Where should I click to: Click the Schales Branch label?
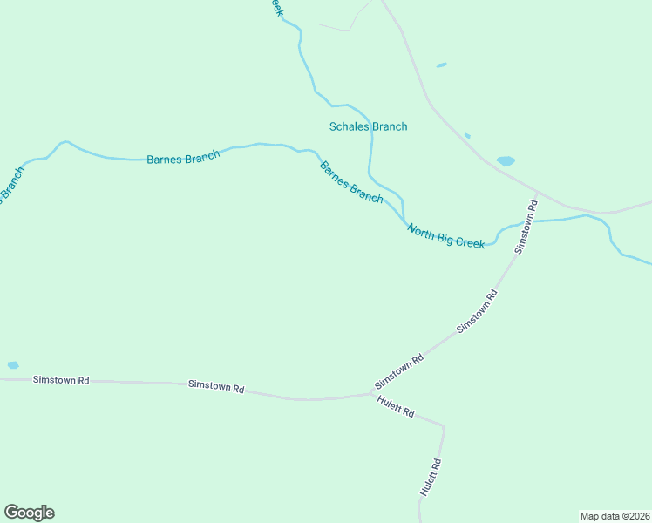tap(368, 126)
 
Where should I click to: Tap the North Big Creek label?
tap(445, 237)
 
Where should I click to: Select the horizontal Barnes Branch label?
tap(183, 158)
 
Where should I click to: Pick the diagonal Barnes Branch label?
tap(351, 182)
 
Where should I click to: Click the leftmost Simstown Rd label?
tap(61, 380)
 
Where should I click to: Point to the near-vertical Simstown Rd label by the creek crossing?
tap(526, 227)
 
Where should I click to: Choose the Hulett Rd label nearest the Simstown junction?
tap(396, 406)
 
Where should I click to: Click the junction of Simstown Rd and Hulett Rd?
tap(372, 394)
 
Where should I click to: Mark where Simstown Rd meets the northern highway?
tap(538, 191)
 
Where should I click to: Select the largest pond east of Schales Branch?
tap(506, 161)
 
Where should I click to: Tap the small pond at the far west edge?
tap(12, 365)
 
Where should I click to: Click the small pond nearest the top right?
tap(442, 65)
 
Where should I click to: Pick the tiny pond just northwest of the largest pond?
tap(468, 135)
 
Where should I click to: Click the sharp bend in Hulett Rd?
tap(443, 427)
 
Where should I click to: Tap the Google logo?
tap(29, 513)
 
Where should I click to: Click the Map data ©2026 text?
tap(615, 516)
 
